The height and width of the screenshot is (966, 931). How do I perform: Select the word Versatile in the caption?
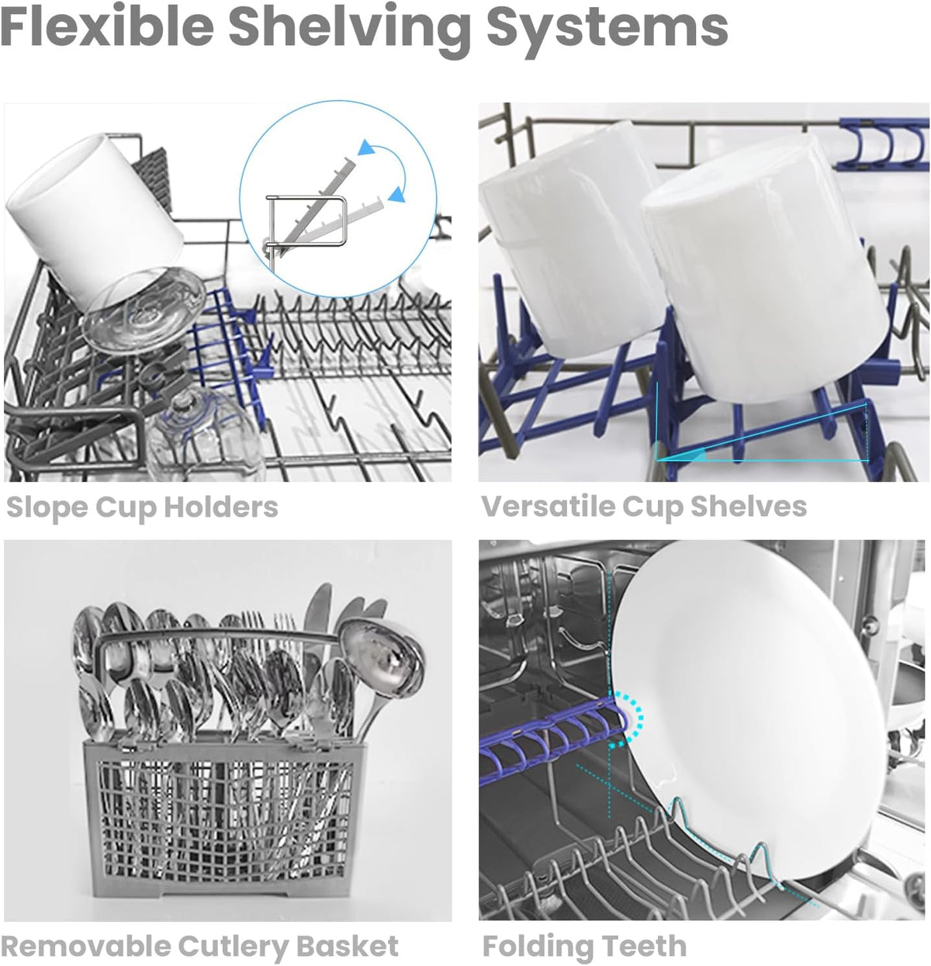[x=547, y=507]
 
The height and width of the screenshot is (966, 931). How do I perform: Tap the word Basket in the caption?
[x=348, y=946]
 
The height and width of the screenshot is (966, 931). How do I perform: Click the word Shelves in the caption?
[x=749, y=507]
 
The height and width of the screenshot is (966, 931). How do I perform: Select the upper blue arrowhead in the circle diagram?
[x=366, y=148]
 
